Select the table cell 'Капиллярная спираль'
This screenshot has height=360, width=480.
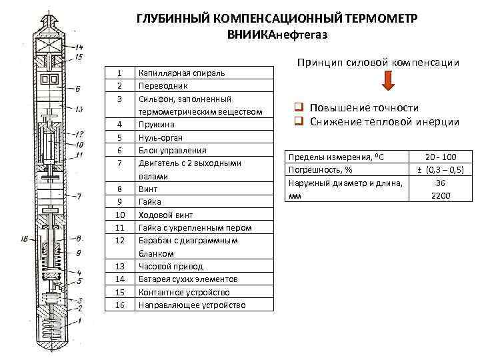[181, 73]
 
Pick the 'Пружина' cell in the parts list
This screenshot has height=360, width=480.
[157, 125]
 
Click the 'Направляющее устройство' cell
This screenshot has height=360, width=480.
[191, 305]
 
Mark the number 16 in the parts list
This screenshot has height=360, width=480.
[120, 305]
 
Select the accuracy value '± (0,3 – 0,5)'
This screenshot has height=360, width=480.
[440, 169]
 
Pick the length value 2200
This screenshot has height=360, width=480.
[440, 195]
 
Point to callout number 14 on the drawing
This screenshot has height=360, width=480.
[79, 47]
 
